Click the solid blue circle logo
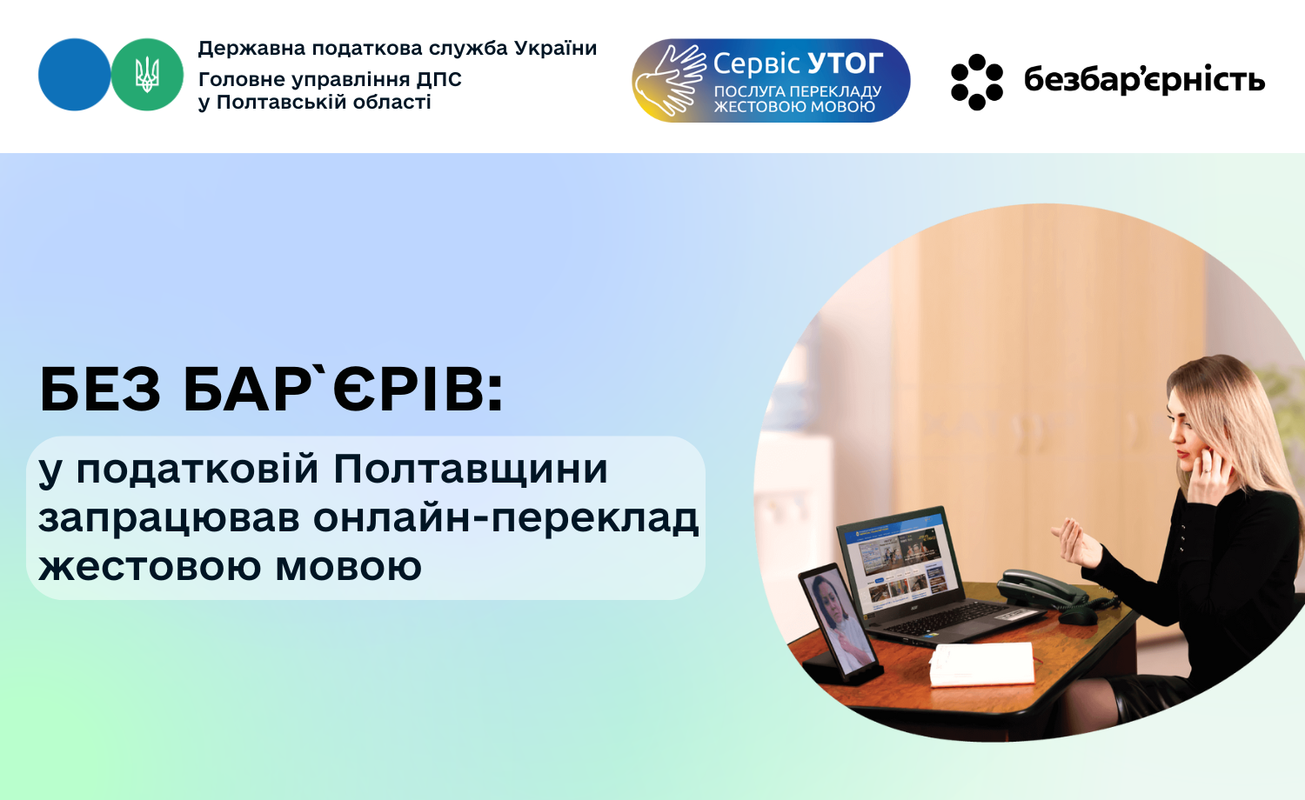tap(74, 75)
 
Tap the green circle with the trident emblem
tap(147, 75)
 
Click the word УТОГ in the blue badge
tap(846, 63)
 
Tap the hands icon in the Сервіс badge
tap(670, 80)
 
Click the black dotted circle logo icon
tap(977, 82)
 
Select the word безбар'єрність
tap(1144, 80)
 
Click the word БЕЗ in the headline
tap(100, 390)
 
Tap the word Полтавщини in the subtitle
tap(471, 469)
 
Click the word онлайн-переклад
tap(505, 519)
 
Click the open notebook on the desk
tap(981, 664)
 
